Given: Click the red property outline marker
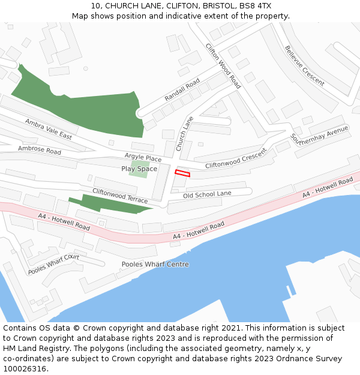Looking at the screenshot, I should coord(182,173).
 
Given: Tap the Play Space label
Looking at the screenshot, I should coord(139,169).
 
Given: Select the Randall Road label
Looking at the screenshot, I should coord(182,90).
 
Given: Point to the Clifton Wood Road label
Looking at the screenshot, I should coord(223,66).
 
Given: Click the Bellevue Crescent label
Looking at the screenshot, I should coord(305,65).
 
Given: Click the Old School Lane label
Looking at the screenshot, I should coord(207,194).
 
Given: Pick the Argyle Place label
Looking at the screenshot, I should coord(143,158).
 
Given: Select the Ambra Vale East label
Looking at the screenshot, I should coord(48,129).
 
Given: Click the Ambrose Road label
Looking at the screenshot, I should coord(40,149).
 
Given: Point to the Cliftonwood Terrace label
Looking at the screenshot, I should coord(119,196).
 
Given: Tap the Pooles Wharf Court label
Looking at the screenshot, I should coord(53,265).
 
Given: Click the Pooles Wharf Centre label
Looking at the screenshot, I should coord(155,264).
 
